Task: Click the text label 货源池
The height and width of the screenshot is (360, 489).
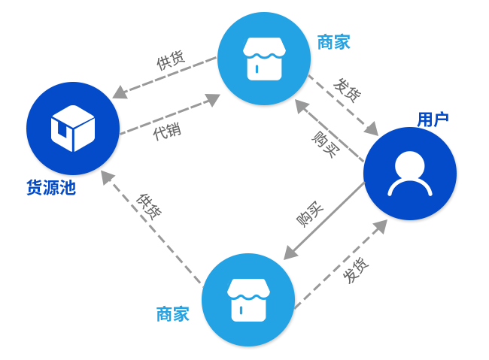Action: tap(51, 188)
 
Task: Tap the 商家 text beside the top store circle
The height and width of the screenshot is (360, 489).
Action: tap(333, 42)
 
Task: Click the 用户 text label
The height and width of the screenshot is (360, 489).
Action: tap(433, 119)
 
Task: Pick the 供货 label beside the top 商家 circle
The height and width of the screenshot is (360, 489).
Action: tap(170, 61)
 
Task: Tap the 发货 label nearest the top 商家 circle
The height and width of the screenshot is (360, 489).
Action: tap(347, 91)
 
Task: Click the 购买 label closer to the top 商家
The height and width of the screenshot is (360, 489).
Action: tap(326, 143)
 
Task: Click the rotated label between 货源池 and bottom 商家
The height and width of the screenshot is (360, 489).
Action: tap(148, 207)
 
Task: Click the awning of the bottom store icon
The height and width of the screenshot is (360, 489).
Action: tap(248, 289)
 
